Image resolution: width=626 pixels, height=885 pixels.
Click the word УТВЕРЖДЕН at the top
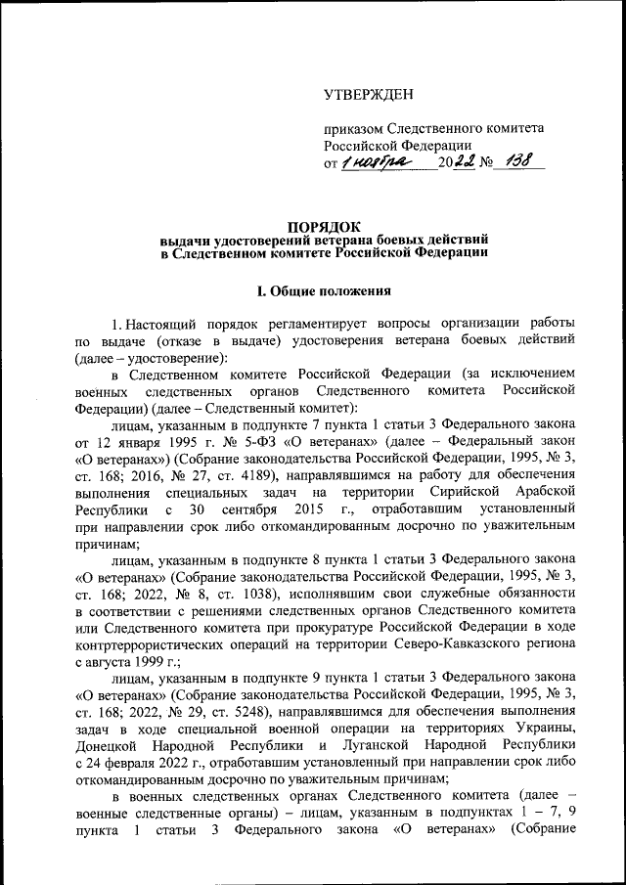[369, 95]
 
